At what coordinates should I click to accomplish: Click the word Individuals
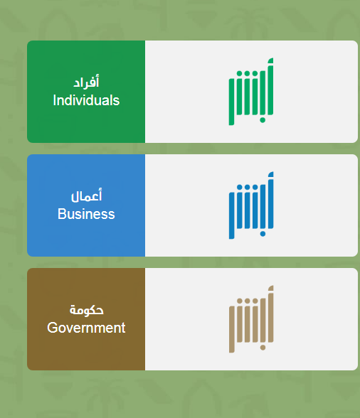tap(86, 100)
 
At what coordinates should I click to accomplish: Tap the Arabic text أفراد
tap(86, 82)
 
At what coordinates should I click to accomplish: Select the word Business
tap(86, 214)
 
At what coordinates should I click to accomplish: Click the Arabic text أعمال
tap(86, 195)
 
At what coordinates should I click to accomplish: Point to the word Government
tap(86, 328)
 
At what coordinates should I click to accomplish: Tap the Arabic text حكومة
tap(87, 310)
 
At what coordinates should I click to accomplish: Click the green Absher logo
tap(251, 92)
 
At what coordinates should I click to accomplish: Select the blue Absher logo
tap(251, 205)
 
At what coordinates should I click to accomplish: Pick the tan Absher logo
tap(251, 319)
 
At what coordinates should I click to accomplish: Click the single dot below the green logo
tap(263, 120)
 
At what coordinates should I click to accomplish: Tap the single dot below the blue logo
tap(263, 234)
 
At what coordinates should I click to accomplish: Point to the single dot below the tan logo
tap(263, 348)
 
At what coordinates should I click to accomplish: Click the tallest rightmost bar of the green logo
tap(270, 87)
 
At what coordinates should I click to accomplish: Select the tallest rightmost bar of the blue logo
tap(270, 200)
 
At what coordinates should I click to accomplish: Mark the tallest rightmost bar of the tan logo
tap(270, 314)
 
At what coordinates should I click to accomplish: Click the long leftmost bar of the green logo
tap(231, 101)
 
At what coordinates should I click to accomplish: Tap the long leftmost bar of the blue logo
tap(232, 215)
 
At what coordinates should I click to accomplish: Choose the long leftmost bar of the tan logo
tap(232, 329)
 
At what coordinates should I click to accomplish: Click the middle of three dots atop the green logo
tap(247, 73)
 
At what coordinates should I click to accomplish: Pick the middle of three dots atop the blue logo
tap(247, 187)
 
